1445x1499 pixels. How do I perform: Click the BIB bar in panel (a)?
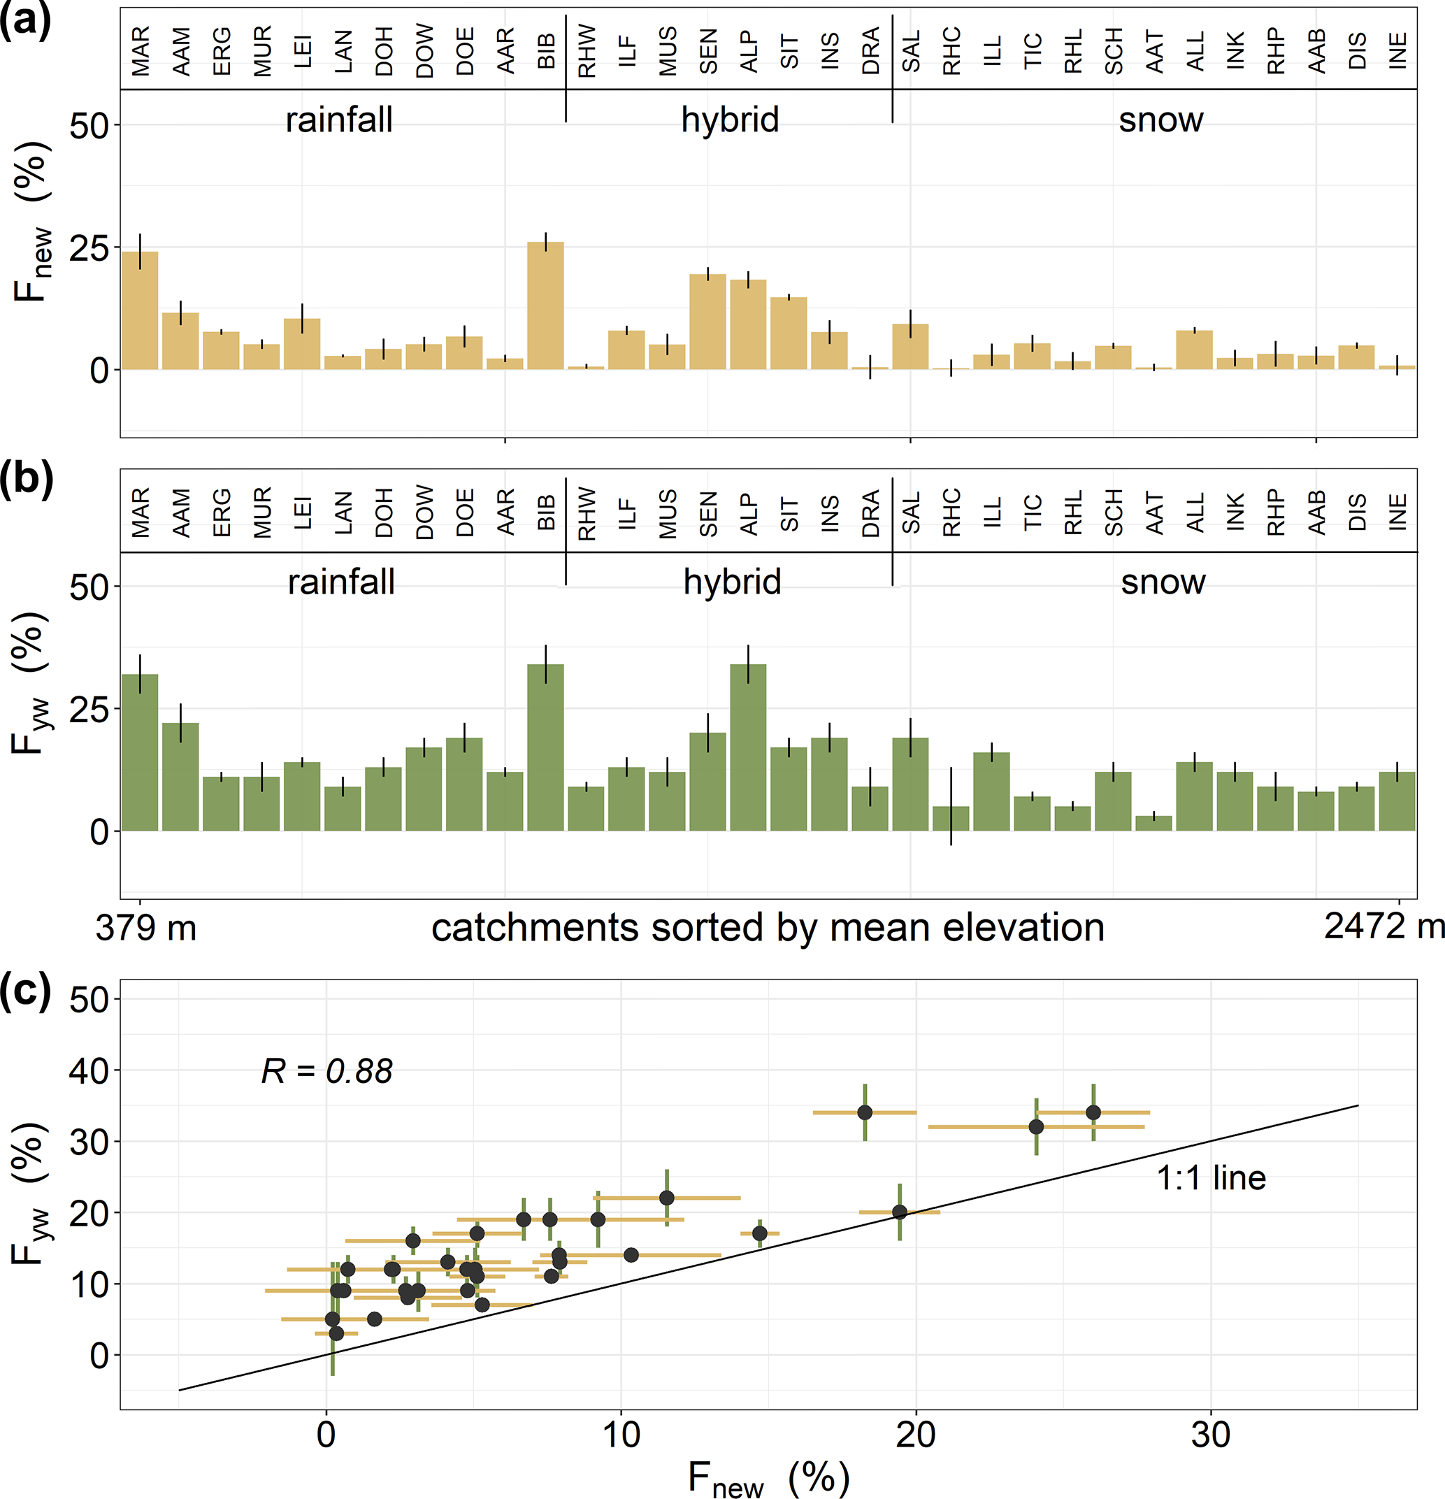(545, 306)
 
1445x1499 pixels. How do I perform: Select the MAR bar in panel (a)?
(140, 310)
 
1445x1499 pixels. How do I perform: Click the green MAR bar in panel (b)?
(140, 752)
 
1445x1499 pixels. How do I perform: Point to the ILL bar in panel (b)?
(991, 791)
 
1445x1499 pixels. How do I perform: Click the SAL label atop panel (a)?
(911, 51)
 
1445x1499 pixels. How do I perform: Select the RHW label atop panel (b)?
(587, 513)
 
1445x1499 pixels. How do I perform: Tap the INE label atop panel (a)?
(1397, 51)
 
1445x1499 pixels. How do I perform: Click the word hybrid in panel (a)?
(730, 120)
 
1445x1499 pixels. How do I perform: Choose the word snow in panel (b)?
(1163, 582)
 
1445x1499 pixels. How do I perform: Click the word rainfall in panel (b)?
(341, 582)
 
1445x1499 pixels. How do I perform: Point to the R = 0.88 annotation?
(326, 1070)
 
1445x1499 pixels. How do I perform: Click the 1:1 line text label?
(1211, 1178)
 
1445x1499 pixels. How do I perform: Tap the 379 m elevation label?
(146, 928)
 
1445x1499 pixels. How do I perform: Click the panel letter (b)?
(27, 478)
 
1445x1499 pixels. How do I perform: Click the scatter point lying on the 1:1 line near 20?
(900, 1212)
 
